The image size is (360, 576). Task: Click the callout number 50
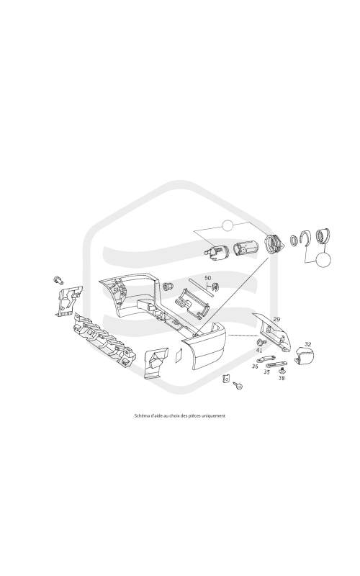pyautogui.click(x=208, y=278)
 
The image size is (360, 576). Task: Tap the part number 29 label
pyautogui.click(x=276, y=319)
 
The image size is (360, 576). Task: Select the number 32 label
pyautogui.click(x=308, y=344)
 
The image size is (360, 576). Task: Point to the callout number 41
pyautogui.click(x=259, y=350)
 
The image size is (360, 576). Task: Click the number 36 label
pyautogui.click(x=255, y=366)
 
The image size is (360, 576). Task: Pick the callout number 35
pyautogui.click(x=266, y=372)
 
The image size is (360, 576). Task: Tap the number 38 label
pyautogui.click(x=282, y=377)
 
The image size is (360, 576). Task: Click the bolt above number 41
pyautogui.click(x=261, y=343)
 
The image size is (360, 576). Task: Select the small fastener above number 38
pyautogui.click(x=282, y=370)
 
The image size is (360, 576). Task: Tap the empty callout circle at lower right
pyautogui.click(x=323, y=260)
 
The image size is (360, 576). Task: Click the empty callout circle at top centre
pyautogui.click(x=228, y=225)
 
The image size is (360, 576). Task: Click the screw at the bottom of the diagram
pyautogui.click(x=238, y=385)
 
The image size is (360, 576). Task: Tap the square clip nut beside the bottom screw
pyautogui.click(x=226, y=379)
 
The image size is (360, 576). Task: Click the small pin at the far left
pyautogui.click(x=58, y=280)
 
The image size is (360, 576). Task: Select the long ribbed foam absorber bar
pyautogui.click(x=104, y=338)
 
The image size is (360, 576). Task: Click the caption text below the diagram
pyautogui.click(x=180, y=416)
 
